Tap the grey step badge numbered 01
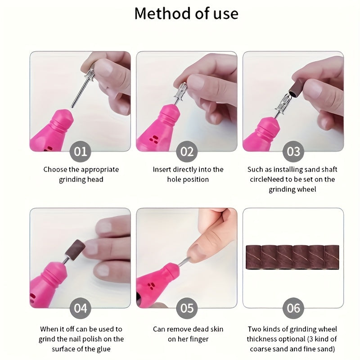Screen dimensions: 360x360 (81, 152)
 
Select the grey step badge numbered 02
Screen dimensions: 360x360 (187, 152)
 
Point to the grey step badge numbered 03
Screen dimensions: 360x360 (293, 152)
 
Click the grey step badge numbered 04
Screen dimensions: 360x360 (81, 308)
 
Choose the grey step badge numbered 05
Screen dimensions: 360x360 (187, 308)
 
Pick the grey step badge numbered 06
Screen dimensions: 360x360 (293, 308)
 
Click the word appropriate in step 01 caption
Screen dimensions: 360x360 (100, 170)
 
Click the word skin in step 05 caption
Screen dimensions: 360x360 (216, 329)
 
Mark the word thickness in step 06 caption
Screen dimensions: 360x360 (261, 339)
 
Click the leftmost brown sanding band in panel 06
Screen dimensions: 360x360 (254, 257)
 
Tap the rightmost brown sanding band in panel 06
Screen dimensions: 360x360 (332, 257)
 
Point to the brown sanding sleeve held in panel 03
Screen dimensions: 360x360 (296, 87)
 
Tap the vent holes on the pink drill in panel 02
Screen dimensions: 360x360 (154, 139)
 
